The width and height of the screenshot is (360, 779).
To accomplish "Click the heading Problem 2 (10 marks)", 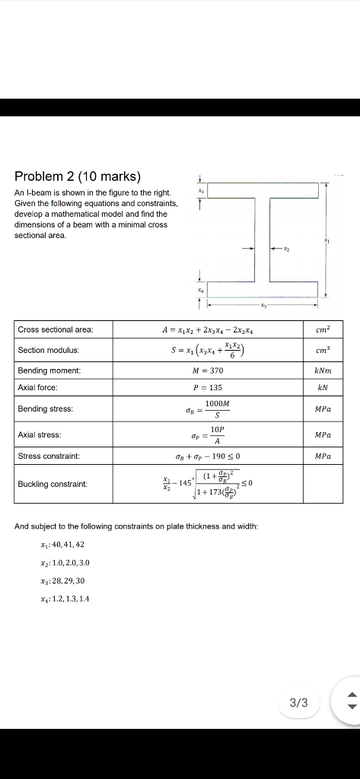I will (x=78, y=176).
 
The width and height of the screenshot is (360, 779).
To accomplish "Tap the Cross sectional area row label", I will (x=56, y=329).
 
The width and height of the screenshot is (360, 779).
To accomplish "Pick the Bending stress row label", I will (x=45, y=409).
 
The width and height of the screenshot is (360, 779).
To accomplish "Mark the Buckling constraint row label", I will (x=52, y=484).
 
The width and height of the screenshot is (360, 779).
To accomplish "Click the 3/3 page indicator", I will (x=300, y=703).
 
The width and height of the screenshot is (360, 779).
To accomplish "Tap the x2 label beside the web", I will (x=288, y=248).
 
